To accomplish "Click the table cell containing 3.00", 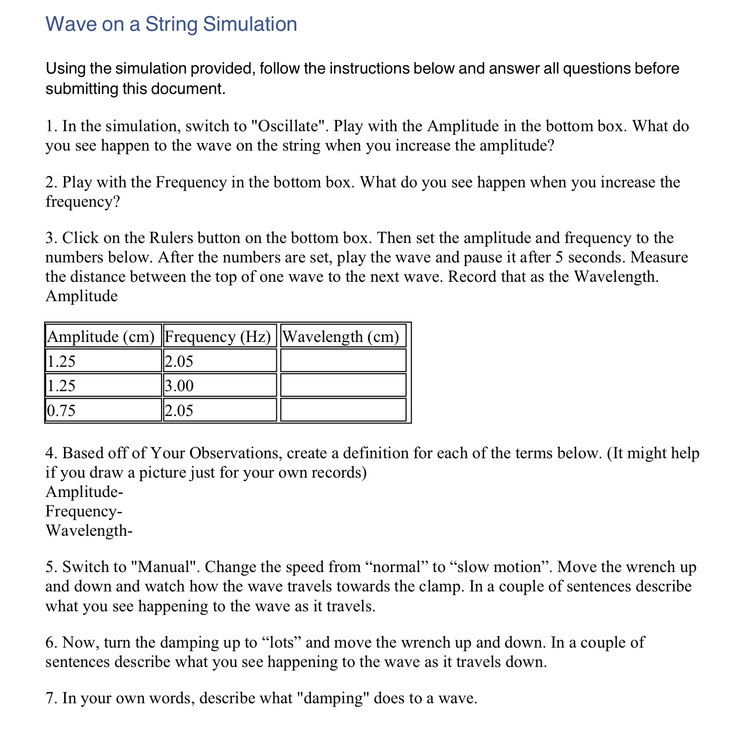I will click(219, 386).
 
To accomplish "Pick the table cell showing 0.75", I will click(103, 411).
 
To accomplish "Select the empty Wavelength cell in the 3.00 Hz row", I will click(343, 386).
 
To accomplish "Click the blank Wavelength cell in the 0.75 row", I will click(343, 411).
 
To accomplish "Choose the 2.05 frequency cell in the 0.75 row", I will click(219, 411).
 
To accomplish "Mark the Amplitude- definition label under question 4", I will click(84, 492).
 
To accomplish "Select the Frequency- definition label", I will click(83, 511).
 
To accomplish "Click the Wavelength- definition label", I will click(89, 531).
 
